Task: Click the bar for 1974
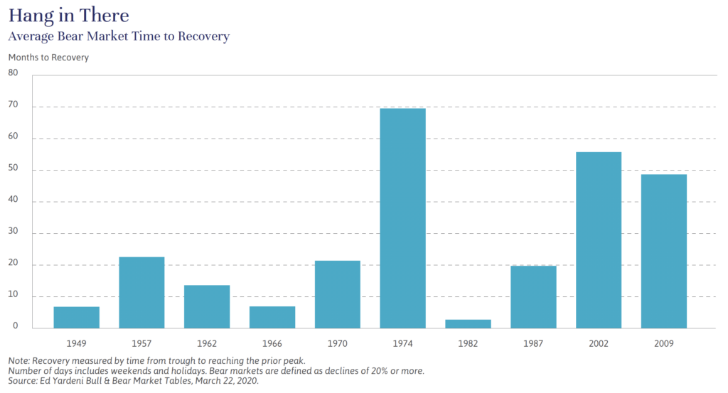tap(402, 218)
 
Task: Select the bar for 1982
tap(468, 324)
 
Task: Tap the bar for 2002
tap(599, 240)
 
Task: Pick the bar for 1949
tap(76, 318)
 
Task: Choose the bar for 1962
tap(207, 306)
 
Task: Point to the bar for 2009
tap(664, 252)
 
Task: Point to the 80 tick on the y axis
tap(14, 72)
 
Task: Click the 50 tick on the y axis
tap(14, 168)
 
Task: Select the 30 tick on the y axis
tap(14, 232)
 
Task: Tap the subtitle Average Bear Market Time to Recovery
tap(119, 36)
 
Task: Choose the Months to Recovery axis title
tap(48, 58)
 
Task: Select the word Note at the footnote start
tap(19, 360)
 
